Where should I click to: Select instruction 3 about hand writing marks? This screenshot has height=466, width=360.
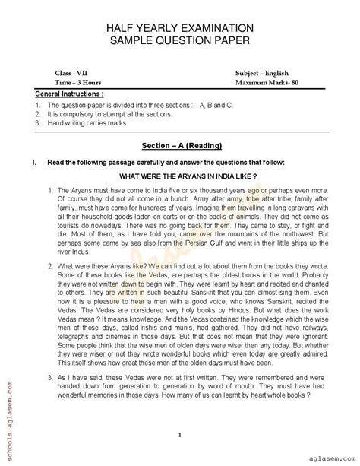click(87, 122)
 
